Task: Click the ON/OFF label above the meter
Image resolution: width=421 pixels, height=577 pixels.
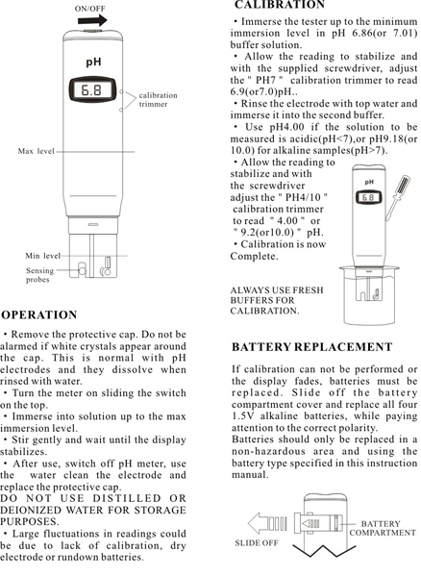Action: pyautogui.click(x=90, y=8)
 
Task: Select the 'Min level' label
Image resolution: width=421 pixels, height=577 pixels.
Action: pyautogui.click(x=43, y=256)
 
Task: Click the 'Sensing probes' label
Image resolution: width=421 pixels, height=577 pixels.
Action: pyautogui.click(x=39, y=276)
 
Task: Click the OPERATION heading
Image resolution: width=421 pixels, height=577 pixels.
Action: pyautogui.click(x=39, y=314)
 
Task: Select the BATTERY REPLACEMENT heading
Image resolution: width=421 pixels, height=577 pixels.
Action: pyautogui.click(x=311, y=347)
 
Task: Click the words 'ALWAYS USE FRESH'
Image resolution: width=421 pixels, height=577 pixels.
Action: pyautogui.click(x=278, y=290)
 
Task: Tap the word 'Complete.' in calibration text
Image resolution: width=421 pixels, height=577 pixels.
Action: pyautogui.click(x=260, y=257)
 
